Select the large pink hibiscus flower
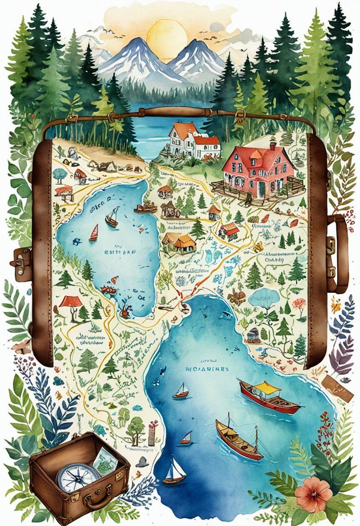pos(314,494)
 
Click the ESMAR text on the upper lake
pos(114,251)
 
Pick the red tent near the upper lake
pos(71,301)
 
